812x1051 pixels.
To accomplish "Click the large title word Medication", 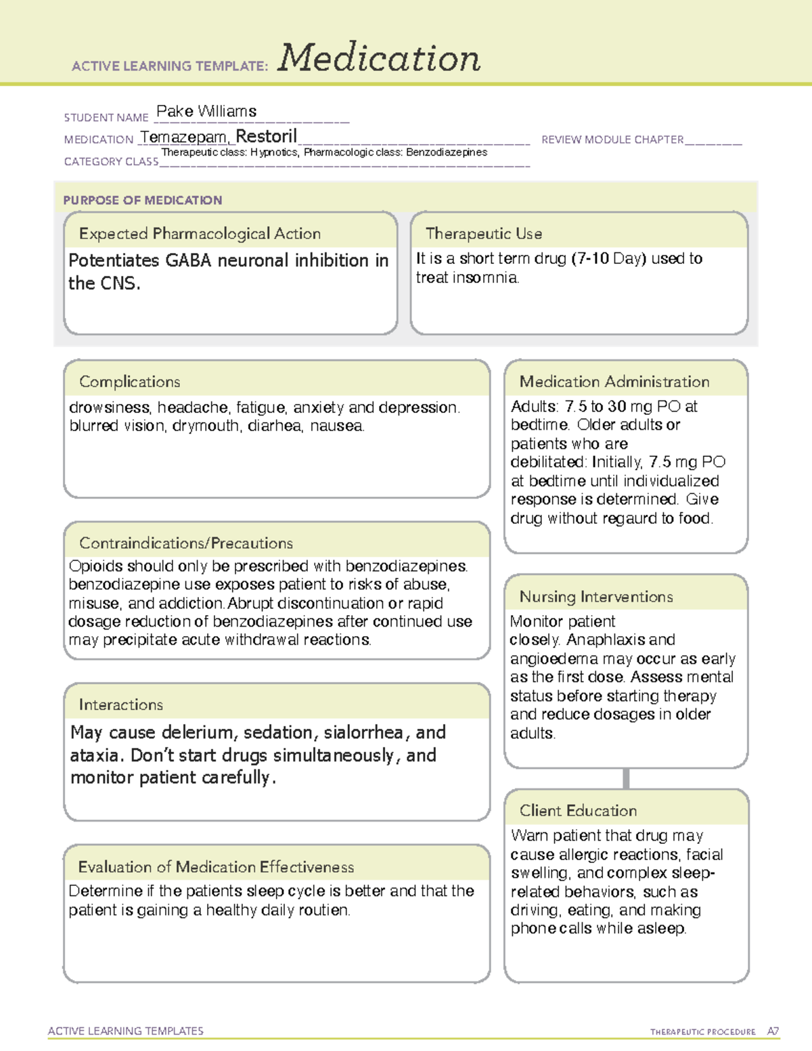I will [379, 58].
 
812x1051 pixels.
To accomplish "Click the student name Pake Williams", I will [206, 112].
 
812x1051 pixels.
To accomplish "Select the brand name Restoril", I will [267, 136].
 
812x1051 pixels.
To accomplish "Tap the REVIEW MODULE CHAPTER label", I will [612, 140].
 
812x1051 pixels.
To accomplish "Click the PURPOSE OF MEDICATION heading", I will [143, 200].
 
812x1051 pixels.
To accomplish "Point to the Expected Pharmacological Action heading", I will [200, 233].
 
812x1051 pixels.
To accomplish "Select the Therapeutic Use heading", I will [484, 233].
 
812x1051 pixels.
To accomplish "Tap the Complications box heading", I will [129, 382].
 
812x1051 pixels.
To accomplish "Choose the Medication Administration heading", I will [614, 382].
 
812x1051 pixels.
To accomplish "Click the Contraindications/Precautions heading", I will [186, 543].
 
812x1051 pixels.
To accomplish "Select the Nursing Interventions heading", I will [596, 597].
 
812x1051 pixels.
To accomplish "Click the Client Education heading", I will [578, 811].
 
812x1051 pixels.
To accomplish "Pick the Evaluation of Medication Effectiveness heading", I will [216, 867].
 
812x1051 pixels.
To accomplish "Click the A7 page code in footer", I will [773, 1031].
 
